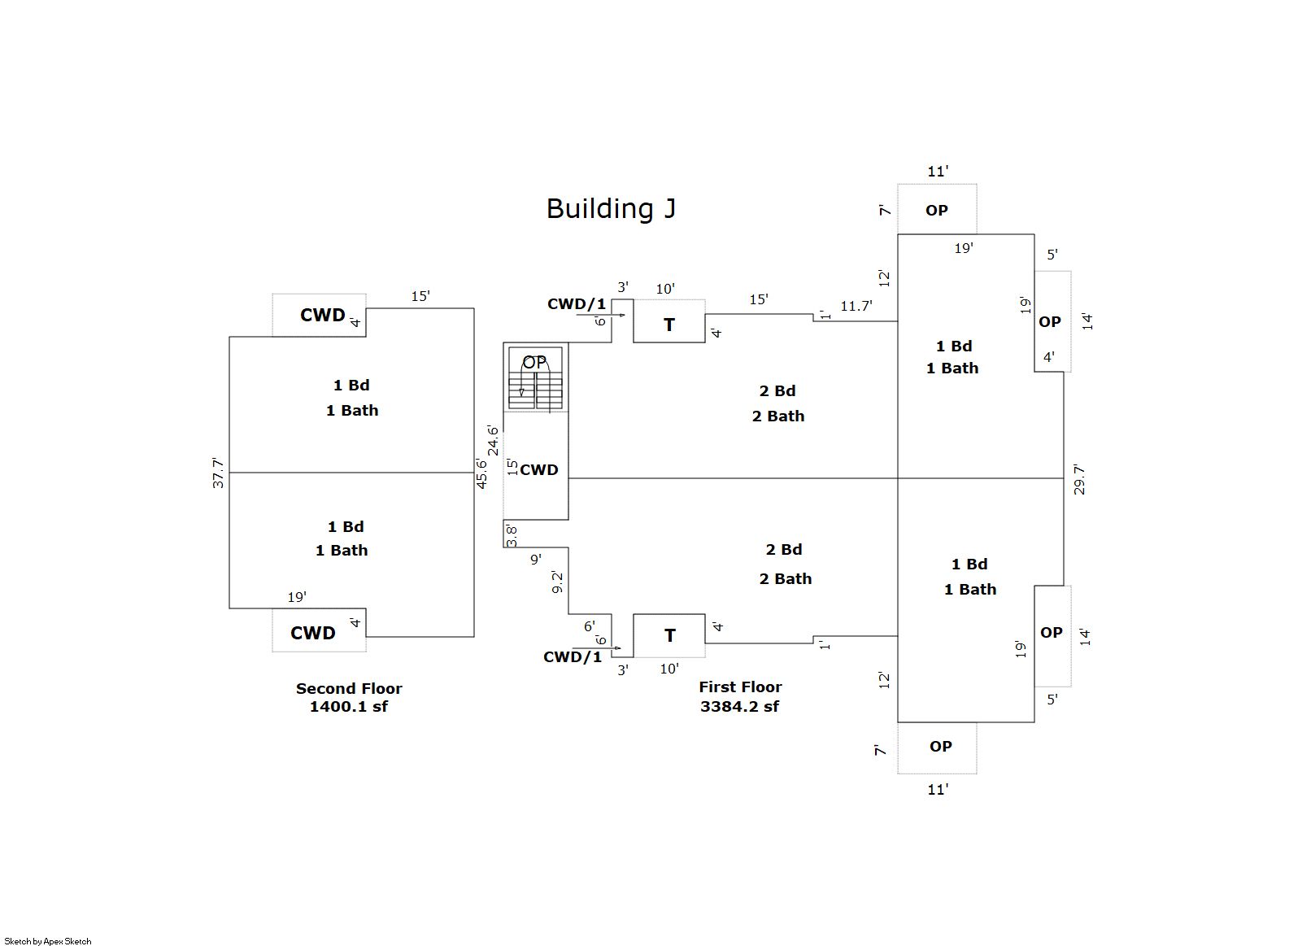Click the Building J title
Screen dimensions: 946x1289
[611, 209]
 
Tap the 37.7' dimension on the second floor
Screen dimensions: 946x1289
[218, 473]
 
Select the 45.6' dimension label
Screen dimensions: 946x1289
[481, 473]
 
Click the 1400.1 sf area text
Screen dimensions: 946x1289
[349, 707]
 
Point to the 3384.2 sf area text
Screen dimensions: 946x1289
[739, 707]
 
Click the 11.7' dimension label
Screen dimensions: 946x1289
[856, 306]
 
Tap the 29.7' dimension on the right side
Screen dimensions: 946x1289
[1079, 479]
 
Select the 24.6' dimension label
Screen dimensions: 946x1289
[493, 440]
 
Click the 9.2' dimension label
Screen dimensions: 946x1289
[557, 582]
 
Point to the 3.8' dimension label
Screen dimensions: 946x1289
[512, 536]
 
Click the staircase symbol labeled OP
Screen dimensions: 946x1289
[535, 379]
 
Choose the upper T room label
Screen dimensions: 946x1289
[669, 325]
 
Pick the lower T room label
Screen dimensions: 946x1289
[669, 635]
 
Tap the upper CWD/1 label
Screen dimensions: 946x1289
[576, 304]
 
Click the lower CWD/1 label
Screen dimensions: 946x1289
[573, 657]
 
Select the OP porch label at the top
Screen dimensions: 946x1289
[937, 210]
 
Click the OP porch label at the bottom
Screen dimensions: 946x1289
[941, 746]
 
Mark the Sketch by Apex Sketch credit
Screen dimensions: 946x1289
[48, 941]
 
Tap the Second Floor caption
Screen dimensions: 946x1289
[349, 688]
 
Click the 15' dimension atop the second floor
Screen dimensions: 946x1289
[420, 296]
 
